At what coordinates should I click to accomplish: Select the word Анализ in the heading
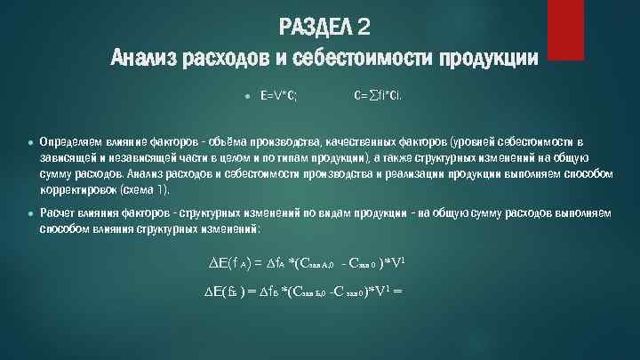143,59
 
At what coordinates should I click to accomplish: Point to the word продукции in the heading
487,59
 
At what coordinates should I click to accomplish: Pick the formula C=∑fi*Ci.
377,93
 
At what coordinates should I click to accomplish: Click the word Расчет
58,213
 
